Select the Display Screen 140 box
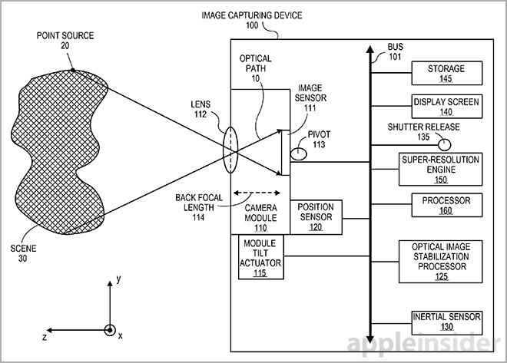coord(436,106)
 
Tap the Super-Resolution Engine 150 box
coord(436,168)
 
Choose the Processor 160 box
coord(436,203)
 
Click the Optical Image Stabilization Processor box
coord(436,262)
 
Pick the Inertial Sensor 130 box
coord(436,321)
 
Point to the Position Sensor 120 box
coord(316,217)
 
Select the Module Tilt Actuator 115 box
coord(260,257)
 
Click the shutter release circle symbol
coord(444,142)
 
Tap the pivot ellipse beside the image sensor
coord(297,153)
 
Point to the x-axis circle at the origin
coord(111,332)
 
